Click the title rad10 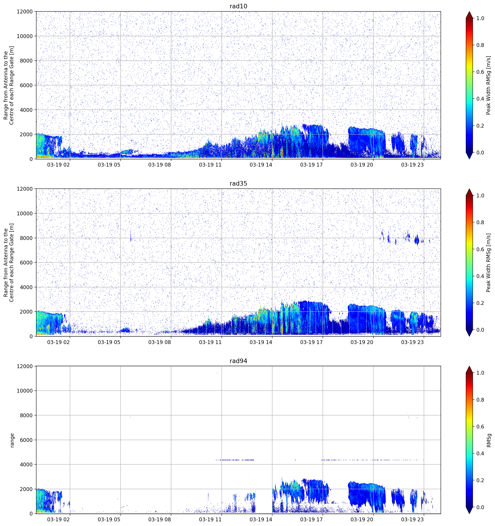tap(238, 6)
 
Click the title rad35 tap(238, 183)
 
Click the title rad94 tap(238, 361)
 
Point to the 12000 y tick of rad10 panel tap(25, 12)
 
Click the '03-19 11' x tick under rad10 tap(210, 165)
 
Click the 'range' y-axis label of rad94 tap(12, 440)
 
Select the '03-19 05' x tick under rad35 tap(109, 342)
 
